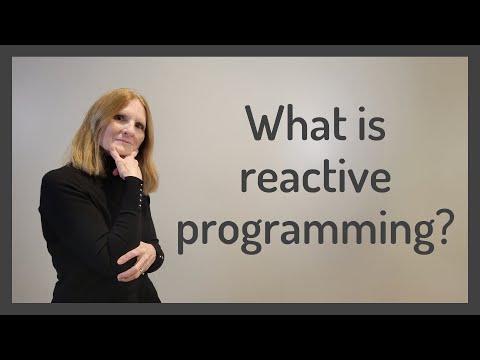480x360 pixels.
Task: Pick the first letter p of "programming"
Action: [x=187, y=236]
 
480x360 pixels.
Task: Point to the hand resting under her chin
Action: [x=126, y=164]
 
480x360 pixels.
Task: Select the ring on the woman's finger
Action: [x=141, y=269]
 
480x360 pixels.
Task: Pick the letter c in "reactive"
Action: [x=319, y=181]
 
